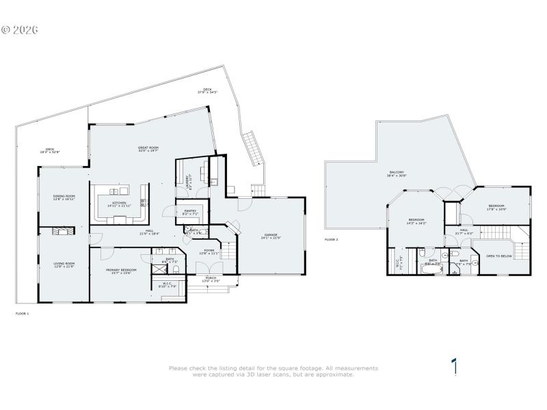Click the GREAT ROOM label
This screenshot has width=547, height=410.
coord(148,148)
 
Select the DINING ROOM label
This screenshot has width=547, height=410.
coord(64,196)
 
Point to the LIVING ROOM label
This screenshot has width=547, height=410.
coord(64,263)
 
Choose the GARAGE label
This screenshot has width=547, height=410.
coord(270,234)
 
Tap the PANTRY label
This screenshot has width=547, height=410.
coord(189,210)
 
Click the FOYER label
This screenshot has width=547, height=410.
coord(209,250)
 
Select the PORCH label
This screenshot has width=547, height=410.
coord(211,277)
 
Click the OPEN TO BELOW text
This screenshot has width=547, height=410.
coord(499,256)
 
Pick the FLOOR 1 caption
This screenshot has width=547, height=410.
coord(23,313)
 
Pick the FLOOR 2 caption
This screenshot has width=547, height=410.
coord(332,240)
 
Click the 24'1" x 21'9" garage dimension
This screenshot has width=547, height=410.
coord(270,238)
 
